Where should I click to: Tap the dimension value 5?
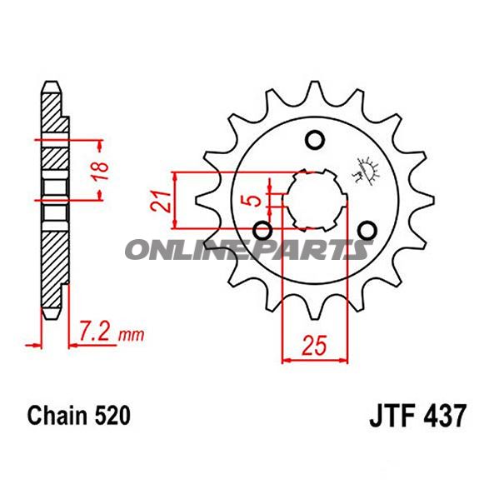(254, 201)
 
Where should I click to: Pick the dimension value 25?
(315, 345)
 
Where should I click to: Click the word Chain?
(57, 416)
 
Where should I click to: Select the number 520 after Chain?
(112, 416)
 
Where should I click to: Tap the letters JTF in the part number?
(392, 416)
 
